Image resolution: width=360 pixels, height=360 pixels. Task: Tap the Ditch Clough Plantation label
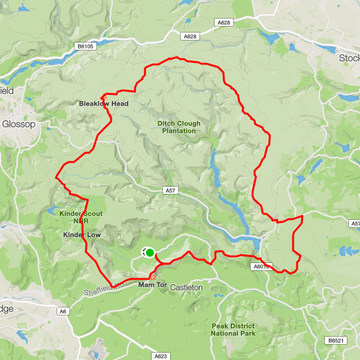[181, 129]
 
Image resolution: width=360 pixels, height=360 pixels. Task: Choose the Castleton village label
[186, 287]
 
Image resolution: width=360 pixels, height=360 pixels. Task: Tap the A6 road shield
[63, 313]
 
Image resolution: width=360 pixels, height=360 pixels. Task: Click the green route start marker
[150, 253]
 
